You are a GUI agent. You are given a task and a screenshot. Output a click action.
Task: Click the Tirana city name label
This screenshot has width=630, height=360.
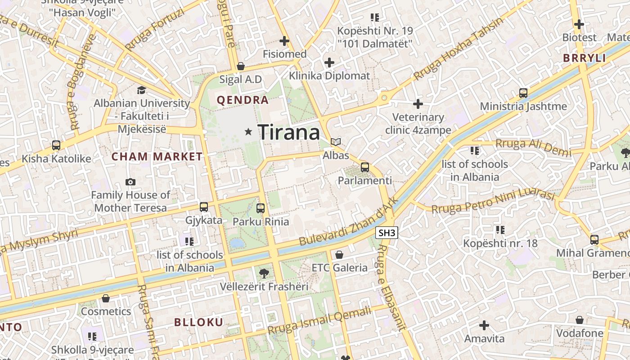coord(289,132)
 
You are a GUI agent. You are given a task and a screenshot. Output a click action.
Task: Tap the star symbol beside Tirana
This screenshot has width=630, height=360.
coord(248,132)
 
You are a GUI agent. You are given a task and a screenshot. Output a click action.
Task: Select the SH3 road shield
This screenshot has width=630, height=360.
coord(387,233)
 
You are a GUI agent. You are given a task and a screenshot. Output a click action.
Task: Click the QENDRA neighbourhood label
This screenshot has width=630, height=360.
coord(243,100)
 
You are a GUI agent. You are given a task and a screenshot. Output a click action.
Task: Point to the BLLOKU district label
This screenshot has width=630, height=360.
coord(198,322)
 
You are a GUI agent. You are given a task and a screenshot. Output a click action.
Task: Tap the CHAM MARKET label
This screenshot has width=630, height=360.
coord(157,157)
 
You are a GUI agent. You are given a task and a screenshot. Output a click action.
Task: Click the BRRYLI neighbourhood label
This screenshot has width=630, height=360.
coord(585,58)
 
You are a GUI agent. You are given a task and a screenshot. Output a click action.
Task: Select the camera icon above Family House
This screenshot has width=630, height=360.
coord(130,182)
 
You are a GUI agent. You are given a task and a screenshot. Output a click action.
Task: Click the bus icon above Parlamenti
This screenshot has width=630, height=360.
coord(365,167)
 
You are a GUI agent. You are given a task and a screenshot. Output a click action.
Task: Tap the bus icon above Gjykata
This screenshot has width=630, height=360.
coord(204,207)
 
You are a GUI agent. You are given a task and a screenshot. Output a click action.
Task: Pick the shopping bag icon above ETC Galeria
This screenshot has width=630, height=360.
coord(339,255)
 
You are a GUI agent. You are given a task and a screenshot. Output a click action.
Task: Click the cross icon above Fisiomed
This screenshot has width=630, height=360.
coord(284,41)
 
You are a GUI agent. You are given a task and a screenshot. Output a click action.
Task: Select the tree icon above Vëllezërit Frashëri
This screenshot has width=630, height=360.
coord(264,273)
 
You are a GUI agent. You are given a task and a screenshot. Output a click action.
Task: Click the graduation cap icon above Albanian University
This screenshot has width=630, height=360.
coord(142,90)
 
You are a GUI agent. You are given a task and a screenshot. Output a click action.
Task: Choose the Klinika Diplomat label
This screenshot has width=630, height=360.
coord(329,76)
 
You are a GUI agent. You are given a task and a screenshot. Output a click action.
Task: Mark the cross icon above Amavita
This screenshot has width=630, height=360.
coord(484,325)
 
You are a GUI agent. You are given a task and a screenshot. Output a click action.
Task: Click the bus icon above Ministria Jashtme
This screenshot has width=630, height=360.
coord(523,93)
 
